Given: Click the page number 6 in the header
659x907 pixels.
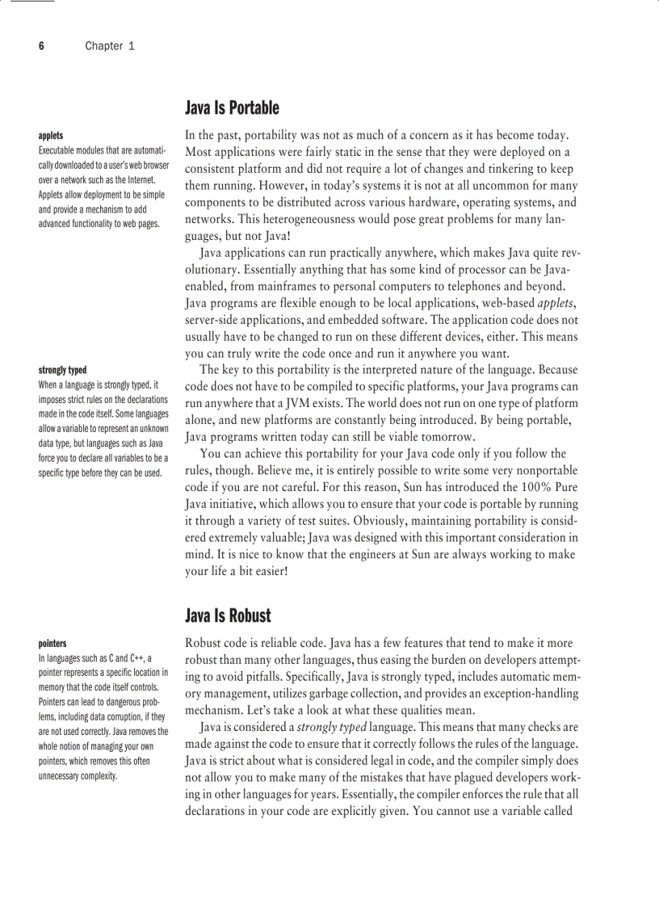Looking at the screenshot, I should tap(41, 46).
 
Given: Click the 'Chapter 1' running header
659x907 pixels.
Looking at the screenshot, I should tap(110, 46).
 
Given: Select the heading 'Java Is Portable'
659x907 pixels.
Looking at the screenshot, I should tap(232, 108).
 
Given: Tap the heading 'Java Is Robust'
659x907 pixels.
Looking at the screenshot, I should tap(228, 616).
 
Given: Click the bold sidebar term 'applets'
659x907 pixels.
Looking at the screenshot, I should tap(51, 136).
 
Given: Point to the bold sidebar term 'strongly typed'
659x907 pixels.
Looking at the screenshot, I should tap(62, 370).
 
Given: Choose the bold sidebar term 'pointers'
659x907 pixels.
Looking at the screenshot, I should tap(53, 644).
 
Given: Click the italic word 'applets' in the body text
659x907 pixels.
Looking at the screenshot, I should tap(556, 303).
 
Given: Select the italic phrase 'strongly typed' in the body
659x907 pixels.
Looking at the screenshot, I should tap(331, 728).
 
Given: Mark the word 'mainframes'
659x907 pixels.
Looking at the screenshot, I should tap(279, 286).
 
